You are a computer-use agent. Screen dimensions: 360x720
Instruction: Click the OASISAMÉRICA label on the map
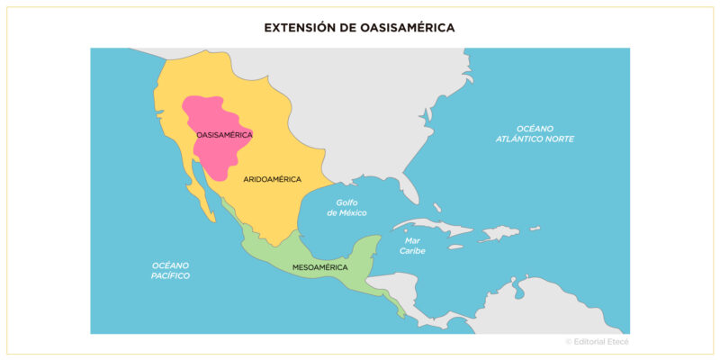coord(224,135)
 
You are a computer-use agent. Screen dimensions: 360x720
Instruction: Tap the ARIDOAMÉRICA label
coord(272,179)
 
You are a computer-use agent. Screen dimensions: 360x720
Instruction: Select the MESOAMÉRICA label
coord(321,267)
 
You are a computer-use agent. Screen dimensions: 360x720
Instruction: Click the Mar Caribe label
coord(413,246)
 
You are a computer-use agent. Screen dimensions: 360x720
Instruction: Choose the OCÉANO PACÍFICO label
coord(170,270)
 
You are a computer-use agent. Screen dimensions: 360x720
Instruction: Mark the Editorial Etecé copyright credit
coord(597,342)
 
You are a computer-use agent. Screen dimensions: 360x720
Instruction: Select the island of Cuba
coord(432,227)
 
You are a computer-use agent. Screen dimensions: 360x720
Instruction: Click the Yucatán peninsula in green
coord(368,250)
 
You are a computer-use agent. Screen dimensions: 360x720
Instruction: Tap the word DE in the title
coord(349,28)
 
